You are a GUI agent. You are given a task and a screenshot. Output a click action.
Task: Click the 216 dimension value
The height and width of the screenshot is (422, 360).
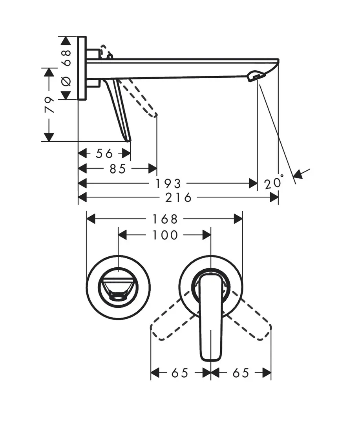pos(178,197)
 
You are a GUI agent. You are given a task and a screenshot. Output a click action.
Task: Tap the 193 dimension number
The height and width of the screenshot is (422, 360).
pos(168,184)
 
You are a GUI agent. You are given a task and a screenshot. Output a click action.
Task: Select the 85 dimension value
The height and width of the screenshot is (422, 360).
pos(117,169)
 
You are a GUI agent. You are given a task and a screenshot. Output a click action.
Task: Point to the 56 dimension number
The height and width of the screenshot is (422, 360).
pos(104,153)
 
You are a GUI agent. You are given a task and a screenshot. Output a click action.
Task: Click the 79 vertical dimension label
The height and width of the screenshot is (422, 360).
pos(49,105)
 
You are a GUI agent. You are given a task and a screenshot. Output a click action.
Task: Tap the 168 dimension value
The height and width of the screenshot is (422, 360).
pos(165,219)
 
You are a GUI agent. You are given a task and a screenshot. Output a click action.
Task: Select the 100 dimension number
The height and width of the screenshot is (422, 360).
pos(165,235)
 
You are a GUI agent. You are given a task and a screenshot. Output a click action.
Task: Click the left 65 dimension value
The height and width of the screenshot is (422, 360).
pos(180,373)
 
